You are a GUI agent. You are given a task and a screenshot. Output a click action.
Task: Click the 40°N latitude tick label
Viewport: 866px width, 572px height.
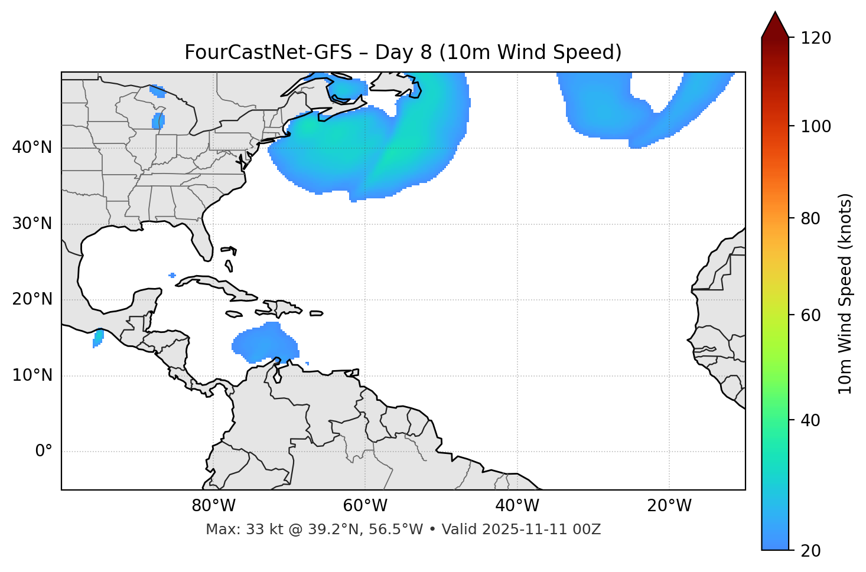coord(32,148)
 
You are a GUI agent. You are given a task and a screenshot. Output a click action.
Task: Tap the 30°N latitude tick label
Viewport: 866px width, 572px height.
coord(32,224)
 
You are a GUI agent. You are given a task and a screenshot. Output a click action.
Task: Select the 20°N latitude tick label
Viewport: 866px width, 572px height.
coord(32,299)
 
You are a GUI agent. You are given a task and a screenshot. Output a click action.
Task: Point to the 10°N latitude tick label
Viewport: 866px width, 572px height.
coord(32,375)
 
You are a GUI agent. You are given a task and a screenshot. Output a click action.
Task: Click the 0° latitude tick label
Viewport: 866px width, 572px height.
coord(44,452)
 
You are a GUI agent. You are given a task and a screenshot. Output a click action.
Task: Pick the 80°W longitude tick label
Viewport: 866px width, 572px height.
coord(213,506)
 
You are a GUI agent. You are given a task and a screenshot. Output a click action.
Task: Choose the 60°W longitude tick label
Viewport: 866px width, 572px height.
coord(365,506)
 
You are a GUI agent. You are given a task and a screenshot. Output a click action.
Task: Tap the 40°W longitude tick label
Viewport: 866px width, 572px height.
coord(517,506)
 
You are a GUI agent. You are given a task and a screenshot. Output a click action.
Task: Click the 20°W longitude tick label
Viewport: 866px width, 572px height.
coord(669,506)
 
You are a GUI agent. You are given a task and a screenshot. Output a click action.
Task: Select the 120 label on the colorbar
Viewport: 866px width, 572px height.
coord(815,38)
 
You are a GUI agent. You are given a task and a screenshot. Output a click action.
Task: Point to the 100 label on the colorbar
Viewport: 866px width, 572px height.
coord(815,126)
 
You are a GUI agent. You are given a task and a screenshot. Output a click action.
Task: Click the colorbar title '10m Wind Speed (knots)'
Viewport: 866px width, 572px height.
coord(845,293)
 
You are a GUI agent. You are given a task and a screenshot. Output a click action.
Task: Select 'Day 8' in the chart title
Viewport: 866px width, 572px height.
coord(403,53)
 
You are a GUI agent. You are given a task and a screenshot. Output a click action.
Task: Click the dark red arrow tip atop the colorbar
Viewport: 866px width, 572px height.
coord(775,22)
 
